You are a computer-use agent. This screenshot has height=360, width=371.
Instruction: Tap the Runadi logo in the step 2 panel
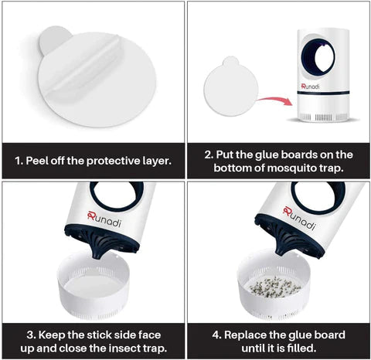tap(310, 87)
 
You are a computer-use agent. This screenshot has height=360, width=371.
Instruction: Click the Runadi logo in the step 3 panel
tap(104, 219)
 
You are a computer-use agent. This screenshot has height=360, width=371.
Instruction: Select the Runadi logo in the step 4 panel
tap(299, 218)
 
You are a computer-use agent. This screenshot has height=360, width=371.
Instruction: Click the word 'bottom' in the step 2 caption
tap(232, 168)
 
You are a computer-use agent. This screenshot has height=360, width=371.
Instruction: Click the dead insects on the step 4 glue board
tap(274, 287)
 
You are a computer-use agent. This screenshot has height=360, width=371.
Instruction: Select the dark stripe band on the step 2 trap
tap(323, 93)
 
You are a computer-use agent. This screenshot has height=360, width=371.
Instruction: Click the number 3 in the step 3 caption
tap(30, 335)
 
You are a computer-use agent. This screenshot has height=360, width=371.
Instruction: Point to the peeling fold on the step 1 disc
tap(83, 64)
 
